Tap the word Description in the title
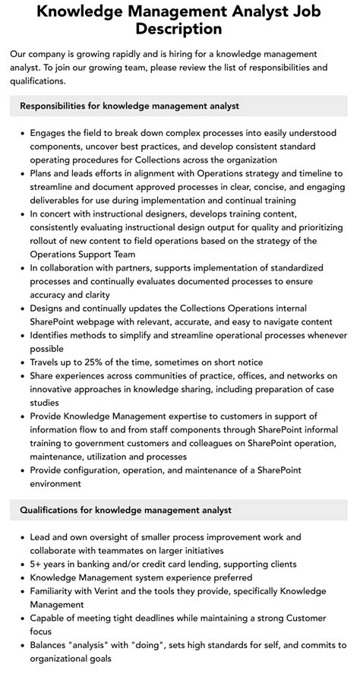point(179,30)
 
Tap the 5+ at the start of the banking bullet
point(37,565)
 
